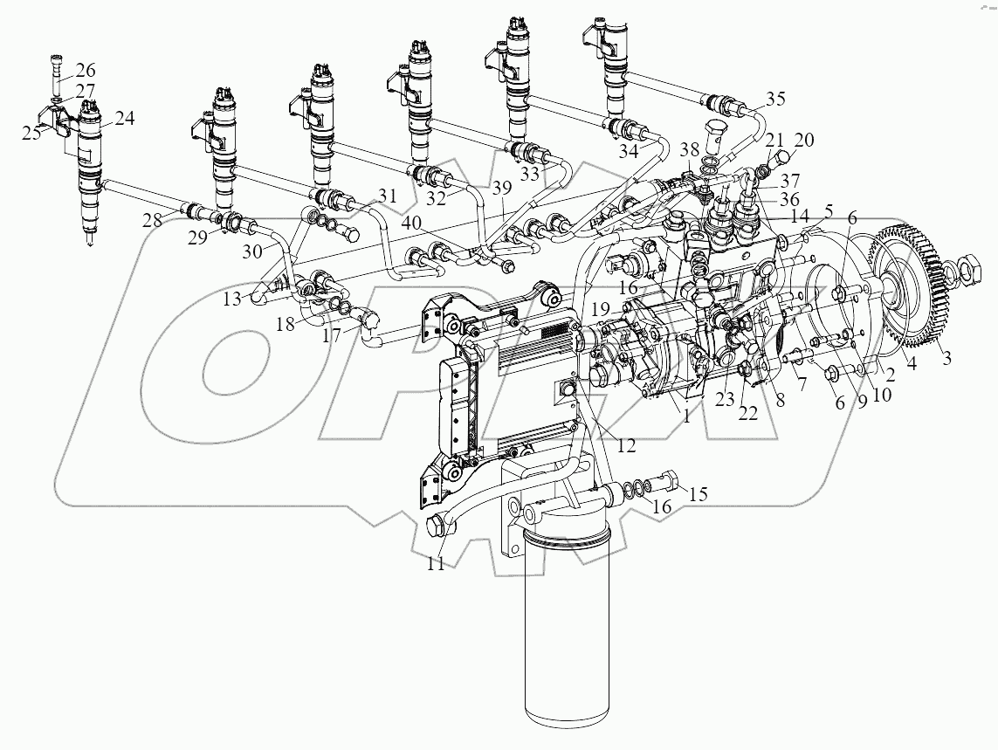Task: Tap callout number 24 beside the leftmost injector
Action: point(124,120)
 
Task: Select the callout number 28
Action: point(153,220)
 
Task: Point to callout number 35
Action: point(775,97)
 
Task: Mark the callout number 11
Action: point(436,564)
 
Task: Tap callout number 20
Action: point(803,140)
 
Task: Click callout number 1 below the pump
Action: point(687,417)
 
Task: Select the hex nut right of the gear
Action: point(970,263)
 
